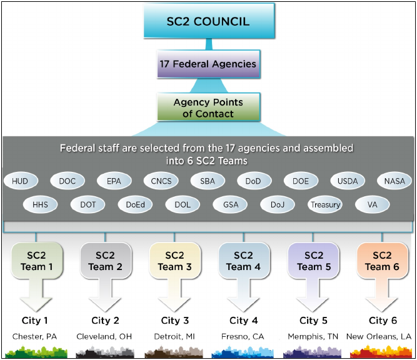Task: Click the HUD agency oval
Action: pyautogui.click(x=21, y=181)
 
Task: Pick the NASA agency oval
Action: pyautogui.click(x=394, y=181)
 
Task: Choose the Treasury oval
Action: pyautogui.click(x=325, y=204)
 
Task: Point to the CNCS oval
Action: pyautogui.click(x=161, y=181)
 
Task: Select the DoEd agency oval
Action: pyautogui.click(x=136, y=204)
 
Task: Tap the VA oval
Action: pyautogui.click(x=372, y=204)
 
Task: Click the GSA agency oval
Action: pyautogui.click(x=231, y=204)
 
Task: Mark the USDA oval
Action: pyautogui.click(x=348, y=181)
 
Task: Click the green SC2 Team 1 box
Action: pyautogui.click(x=38, y=261)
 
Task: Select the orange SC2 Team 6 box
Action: pyautogui.click(x=382, y=261)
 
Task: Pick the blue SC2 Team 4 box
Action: pyautogui.click(x=244, y=261)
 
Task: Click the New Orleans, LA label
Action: pyautogui.click(x=379, y=336)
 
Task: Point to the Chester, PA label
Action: pyautogui.click(x=34, y=336)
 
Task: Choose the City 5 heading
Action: pyautogui.click(x=309, y=321)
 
